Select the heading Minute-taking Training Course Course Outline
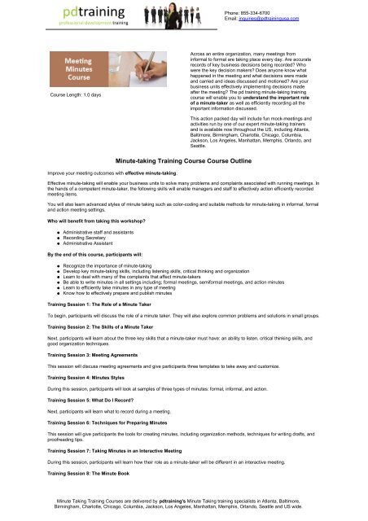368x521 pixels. point(184,160)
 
